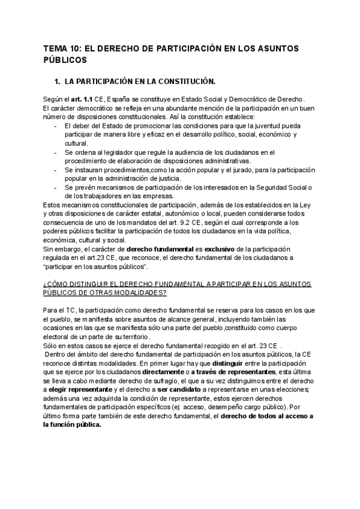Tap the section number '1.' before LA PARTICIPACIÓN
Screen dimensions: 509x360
58,80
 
